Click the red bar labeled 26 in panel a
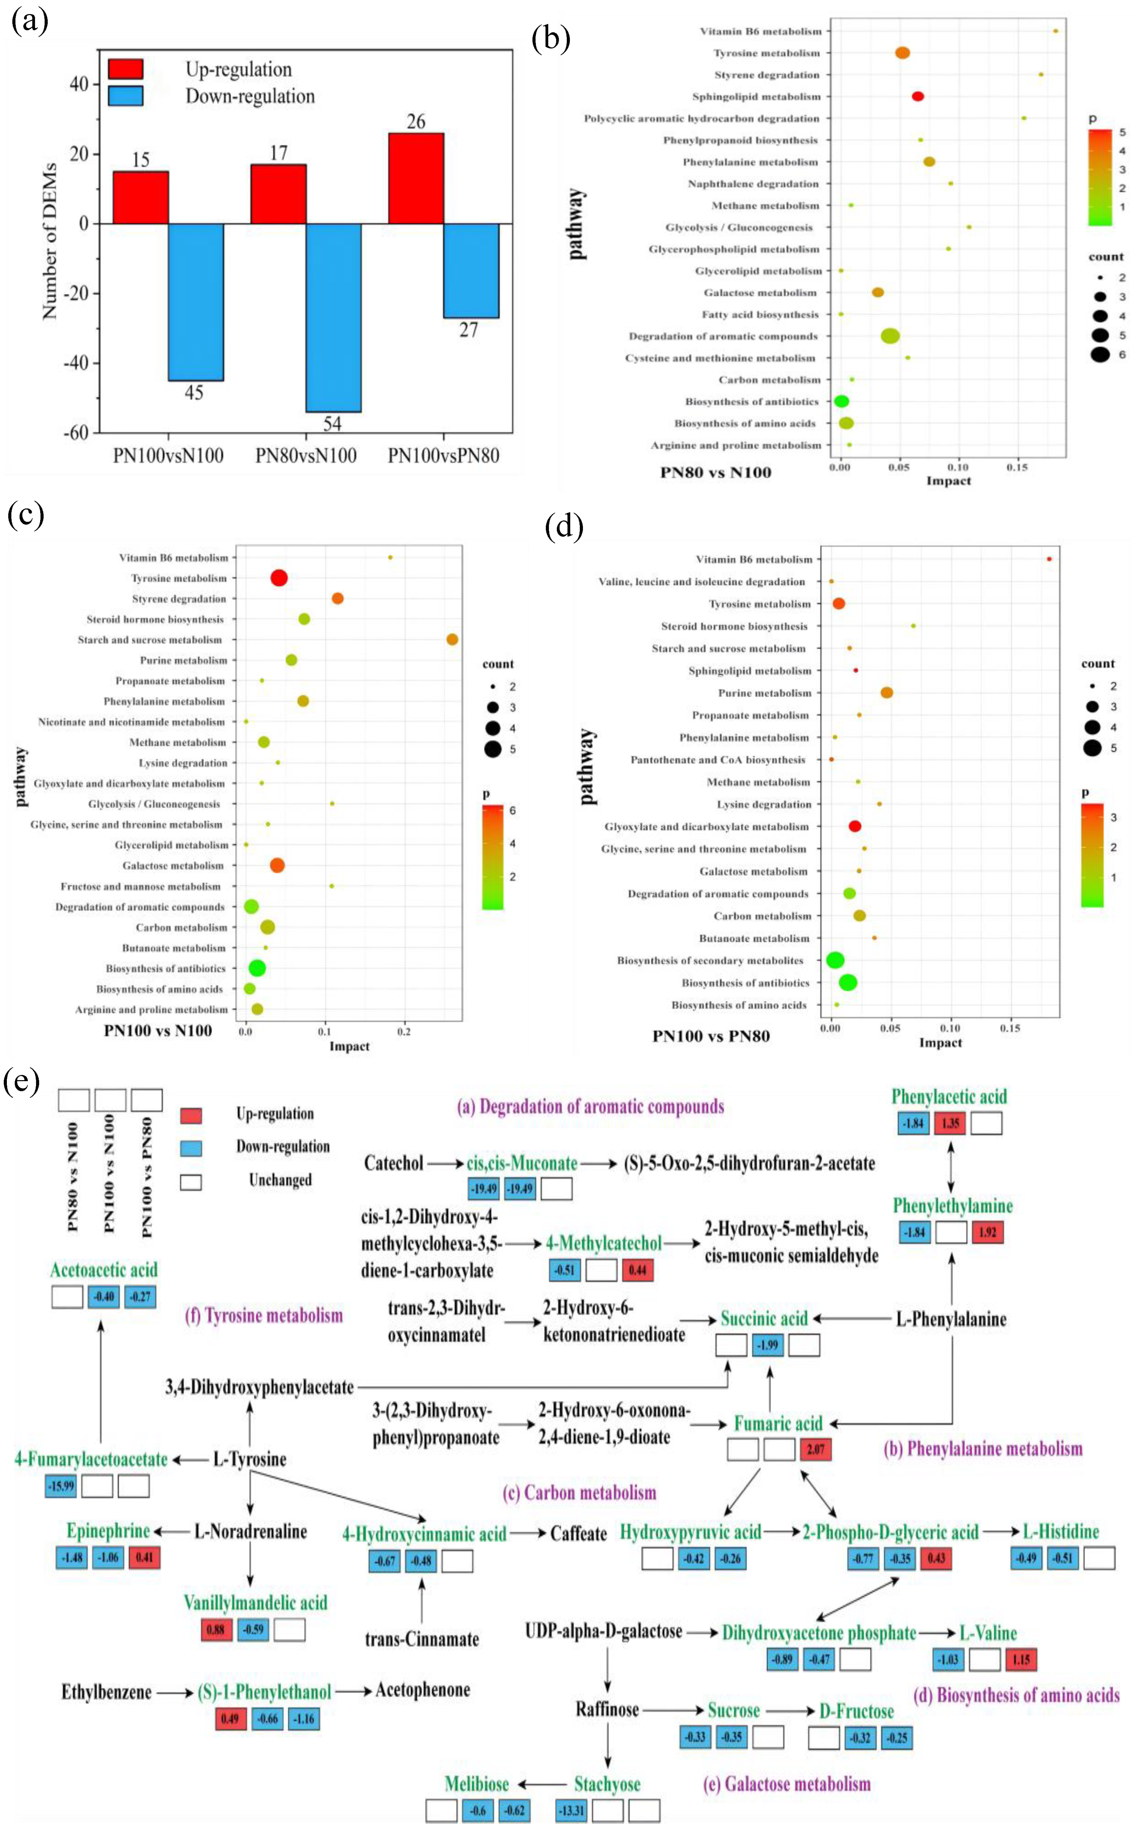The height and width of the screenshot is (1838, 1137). click(x=416, y=178)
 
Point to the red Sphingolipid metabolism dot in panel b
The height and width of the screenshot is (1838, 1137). click(x=917, y=96)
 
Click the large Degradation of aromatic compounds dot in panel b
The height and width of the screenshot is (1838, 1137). click(x=891, y=336)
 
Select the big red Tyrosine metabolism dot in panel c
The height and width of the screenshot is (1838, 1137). click(x=279, y=578)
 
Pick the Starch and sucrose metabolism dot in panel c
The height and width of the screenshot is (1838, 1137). click(x=452, y=640)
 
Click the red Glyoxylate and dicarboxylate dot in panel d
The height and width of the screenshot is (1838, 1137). click(x=854, y=826)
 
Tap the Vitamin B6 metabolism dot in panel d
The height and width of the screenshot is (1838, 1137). click(x=1049, y=559)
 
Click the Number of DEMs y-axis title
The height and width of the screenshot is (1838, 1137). click(x=50, y=241)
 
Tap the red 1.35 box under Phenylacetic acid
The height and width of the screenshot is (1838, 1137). click(x=950, y=1123)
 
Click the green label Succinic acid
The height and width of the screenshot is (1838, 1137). click(x=764, y=1318)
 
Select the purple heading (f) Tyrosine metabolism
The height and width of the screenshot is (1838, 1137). click(x=264, y=1315)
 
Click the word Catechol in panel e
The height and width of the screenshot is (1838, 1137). click(x=393, y=1163)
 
